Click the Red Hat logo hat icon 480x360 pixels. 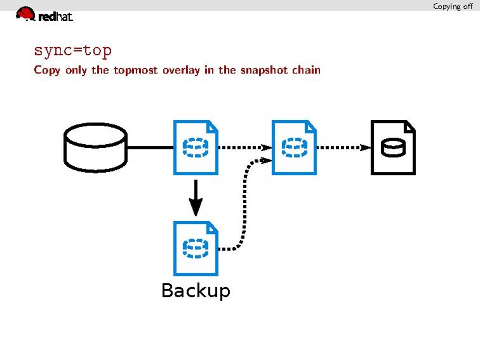click(x=25, y=14)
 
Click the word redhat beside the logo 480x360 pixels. click(x=56, y=17)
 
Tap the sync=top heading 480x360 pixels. click(x=73, y=51)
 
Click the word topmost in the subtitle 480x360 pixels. click(x=136, y=70)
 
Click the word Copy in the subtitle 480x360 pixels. click(x=47, y=70)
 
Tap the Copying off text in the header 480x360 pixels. click(x=452, y=6)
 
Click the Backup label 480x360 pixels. click(x=196, y=291)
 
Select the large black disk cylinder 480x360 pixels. click(x=95, y=147)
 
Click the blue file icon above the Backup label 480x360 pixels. click(x=196, y=248)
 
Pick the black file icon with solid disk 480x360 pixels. click(x=393, y=147)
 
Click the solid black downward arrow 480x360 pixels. click(x=195, y=198)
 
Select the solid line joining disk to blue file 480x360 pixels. click(x=150, y=148)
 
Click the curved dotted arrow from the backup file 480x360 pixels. click(x=244, y=200)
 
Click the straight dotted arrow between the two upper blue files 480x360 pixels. click(x=244, y=148)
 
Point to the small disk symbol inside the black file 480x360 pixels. click(x=393, y=148)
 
